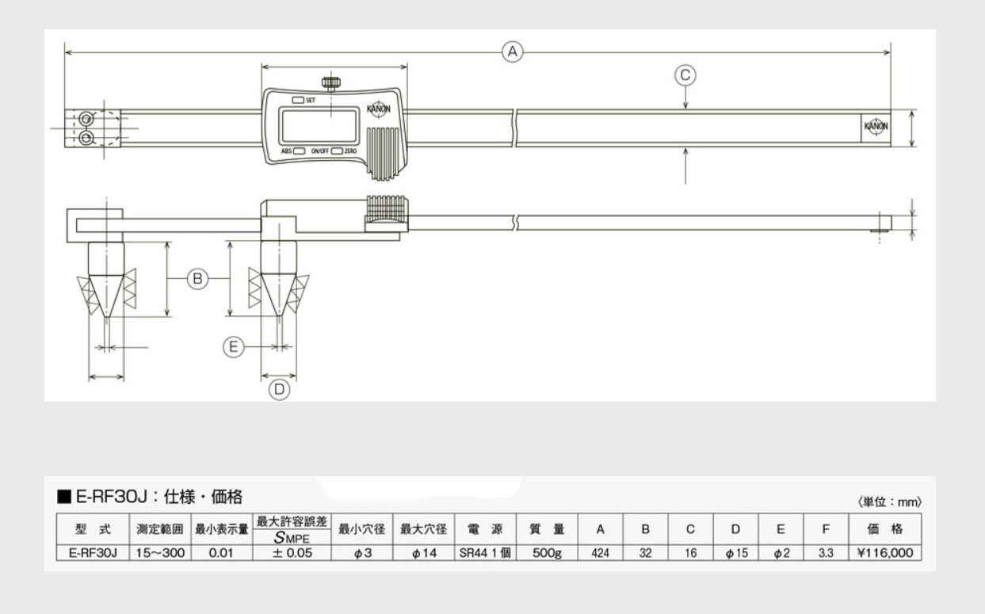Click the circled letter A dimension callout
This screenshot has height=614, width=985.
coord(513,52)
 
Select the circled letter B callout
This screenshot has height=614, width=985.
coord(197,278)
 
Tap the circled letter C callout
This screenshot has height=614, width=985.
coord(685,75)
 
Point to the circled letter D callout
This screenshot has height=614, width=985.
coord(279,389)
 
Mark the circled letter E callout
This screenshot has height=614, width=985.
coord(232,347)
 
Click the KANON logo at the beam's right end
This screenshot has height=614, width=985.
coord(875,127)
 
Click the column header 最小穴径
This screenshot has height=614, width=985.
coord(362,529)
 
